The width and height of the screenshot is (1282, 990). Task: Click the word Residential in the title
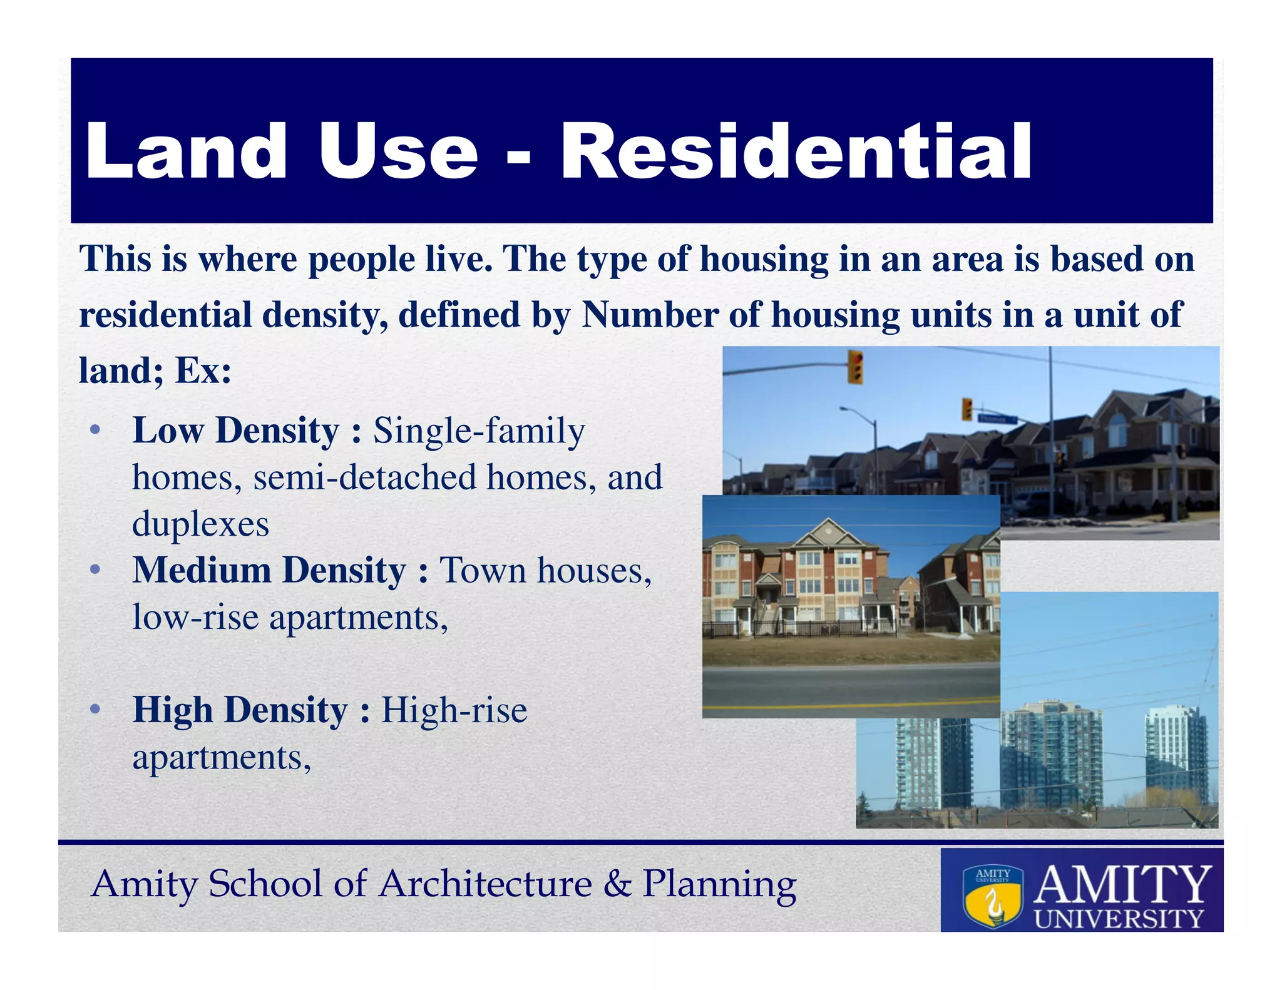coord(795,152)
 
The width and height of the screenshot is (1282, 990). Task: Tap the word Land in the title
coord(187,152)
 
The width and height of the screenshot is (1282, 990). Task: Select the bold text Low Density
coord(235,431)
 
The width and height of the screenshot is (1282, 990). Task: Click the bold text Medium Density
coord(269,571)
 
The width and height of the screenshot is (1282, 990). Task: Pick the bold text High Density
coord(240,711)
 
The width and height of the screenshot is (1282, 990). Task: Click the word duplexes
coord(200,524)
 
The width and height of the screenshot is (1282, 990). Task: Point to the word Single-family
coord(479,431)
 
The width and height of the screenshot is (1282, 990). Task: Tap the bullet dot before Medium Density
coord(95,569)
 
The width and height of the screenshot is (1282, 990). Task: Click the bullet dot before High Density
coord(95,710)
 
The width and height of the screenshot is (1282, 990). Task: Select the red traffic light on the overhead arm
coord(855,367)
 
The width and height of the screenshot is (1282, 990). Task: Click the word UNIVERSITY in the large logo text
coord(1119,919)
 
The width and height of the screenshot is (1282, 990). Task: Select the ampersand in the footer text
coord(617,884)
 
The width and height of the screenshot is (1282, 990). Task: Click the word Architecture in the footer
coord(486,884)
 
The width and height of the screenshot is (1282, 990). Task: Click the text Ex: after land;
coord(203,370)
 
